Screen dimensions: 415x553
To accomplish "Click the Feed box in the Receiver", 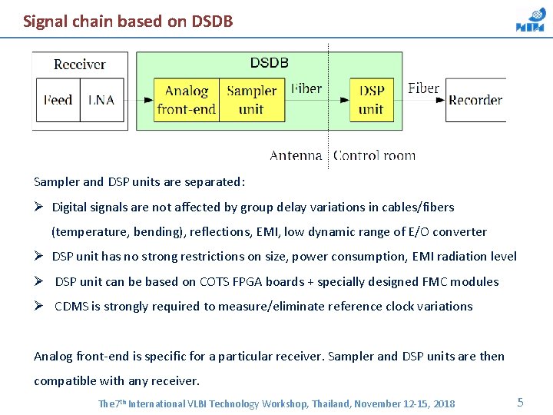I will tap(58, 100).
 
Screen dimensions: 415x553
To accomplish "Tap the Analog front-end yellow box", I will tap(187, 100).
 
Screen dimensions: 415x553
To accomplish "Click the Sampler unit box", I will tap(251, 100).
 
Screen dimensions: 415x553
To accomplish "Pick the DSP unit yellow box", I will tap(372, 100).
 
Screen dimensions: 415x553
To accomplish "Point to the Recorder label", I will tap(475, 100).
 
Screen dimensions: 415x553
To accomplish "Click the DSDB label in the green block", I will tap(270, 63).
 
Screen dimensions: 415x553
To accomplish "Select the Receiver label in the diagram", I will tap(80, 65).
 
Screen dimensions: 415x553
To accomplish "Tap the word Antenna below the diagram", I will tap(296, 155).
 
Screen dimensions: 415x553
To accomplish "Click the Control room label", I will tap(374, 155).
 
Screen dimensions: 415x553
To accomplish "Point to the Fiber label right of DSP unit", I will tap(423, 88).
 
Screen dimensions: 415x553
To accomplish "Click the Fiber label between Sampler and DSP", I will tap(306, 88).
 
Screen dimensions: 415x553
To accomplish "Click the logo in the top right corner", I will tap(530, 21).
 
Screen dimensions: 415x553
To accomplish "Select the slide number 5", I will tap(520, 402).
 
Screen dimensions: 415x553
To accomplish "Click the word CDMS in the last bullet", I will tap(71, 306).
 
